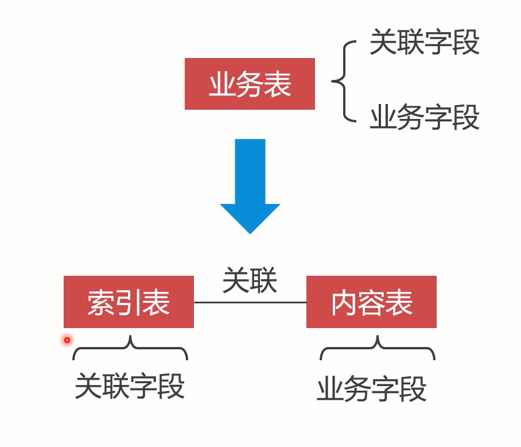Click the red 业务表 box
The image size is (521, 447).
[250, 84]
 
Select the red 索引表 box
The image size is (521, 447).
[129, 302]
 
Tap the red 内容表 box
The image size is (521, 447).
[371, 302]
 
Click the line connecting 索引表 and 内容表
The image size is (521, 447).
[250, 302]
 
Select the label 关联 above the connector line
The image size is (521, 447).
[250, 281]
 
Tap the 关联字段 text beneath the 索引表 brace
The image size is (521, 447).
[130, 386]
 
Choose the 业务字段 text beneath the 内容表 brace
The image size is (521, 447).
[372, 389]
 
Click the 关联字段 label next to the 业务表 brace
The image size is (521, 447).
[425, 43]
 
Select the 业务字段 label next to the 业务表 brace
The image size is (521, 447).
[425, 118]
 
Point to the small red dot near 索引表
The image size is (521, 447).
[67, 340]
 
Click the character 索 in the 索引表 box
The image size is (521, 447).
[101, 302]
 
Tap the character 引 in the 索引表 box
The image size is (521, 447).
[129, 302]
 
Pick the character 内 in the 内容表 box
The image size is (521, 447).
[344, 302]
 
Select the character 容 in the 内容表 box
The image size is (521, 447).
[371, 302]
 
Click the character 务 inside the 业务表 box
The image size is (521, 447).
[250, 84]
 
